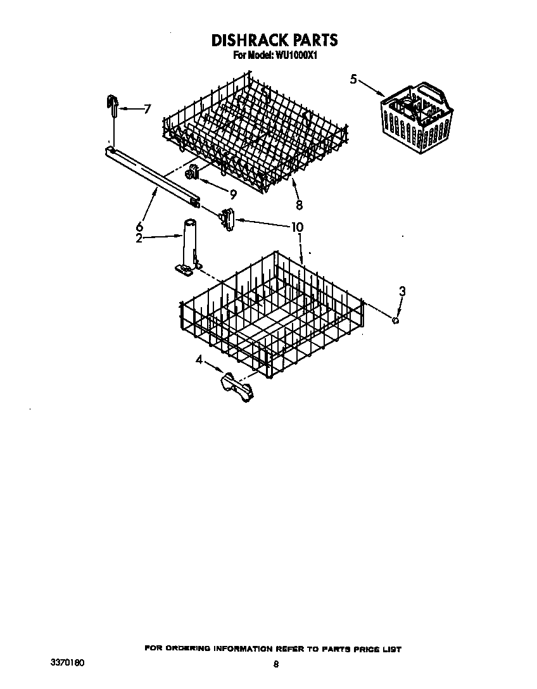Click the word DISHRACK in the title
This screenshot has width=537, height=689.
click(x=247, y=41)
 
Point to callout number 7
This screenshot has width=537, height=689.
click(x=147, y=109)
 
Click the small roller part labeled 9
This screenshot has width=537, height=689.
click(x=192, y=172)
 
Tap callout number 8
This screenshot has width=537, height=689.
click(x=299, y=205)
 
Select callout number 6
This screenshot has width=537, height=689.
click(x=139, y=226)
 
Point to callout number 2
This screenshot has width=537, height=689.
click(x=139, y=238)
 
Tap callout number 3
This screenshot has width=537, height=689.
click(x=401, y=292)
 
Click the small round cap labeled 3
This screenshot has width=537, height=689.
click(x=396, y=320)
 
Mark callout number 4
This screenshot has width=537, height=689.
click(x=199, y=360)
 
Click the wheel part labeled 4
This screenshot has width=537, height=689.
click(x=237, y=386)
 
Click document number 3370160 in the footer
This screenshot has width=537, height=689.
click(x=67, y=662)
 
